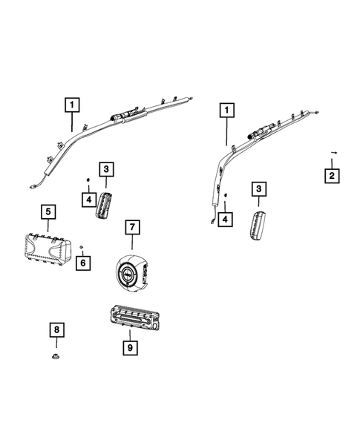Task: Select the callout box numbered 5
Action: click(48, 213)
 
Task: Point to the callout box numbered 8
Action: click(56, 329)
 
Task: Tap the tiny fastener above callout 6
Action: click(82, 246)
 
